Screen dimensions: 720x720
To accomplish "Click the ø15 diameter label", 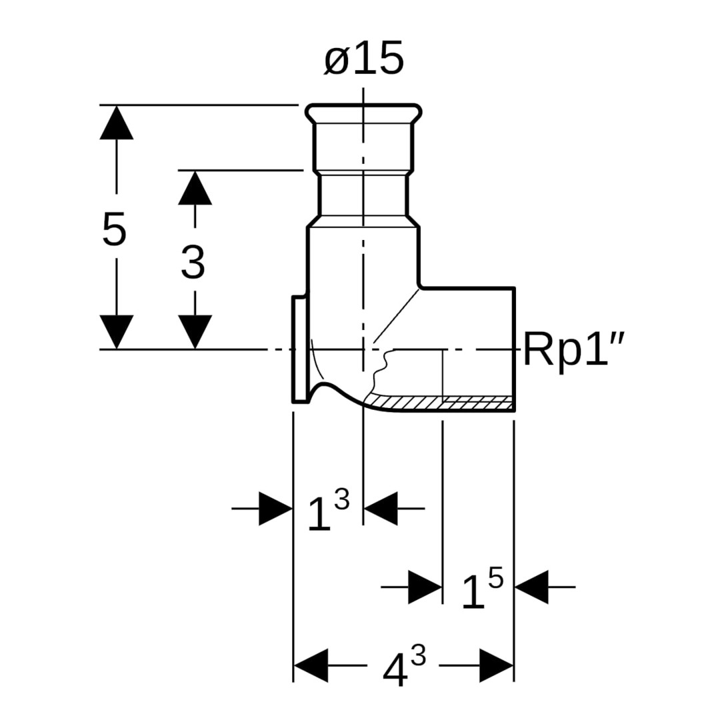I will point(364,60).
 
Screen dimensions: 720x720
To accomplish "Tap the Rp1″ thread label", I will point(573,350).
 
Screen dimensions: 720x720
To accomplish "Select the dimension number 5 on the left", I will point(114,230).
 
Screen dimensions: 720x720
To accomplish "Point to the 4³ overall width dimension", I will point(403,667).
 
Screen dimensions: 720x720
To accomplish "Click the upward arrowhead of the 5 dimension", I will point(116,123).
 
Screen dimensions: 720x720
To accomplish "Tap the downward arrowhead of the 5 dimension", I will point(116,331).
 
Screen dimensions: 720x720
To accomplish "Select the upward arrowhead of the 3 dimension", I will point(195,188).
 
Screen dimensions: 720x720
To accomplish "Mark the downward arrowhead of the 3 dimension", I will point(195,331).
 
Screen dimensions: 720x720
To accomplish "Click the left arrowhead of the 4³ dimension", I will point(311,665).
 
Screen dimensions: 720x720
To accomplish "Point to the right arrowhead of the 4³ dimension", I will point(496,665).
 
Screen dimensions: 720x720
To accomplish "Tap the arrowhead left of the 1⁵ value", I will point(425,587).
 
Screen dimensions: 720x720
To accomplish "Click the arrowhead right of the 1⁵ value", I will point(532,587).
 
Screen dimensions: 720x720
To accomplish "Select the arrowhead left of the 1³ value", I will point(275,509).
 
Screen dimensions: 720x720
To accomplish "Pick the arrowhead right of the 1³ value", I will point(381,509).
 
